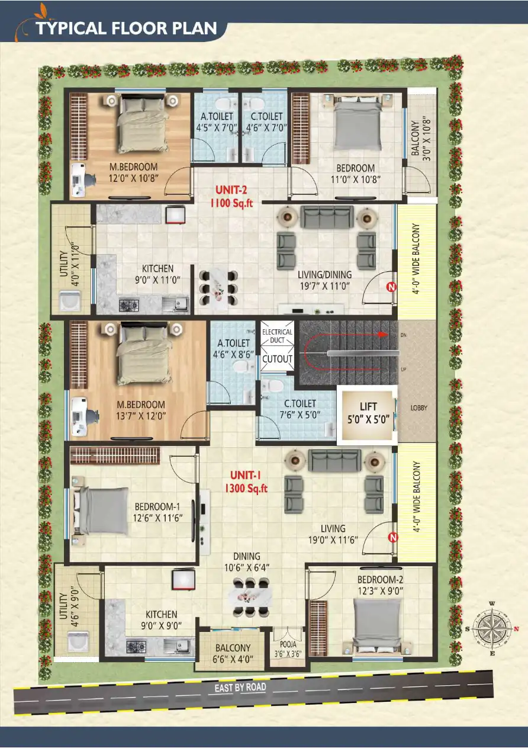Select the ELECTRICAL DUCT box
point(277,336)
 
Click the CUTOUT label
point(277,359)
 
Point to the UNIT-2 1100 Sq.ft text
point(231,196)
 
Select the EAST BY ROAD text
point(237,688)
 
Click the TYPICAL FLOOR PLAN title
point(126,28)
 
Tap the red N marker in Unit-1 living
point(392,538)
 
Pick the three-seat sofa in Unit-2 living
point(327,217)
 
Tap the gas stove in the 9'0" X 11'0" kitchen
point(129,305)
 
